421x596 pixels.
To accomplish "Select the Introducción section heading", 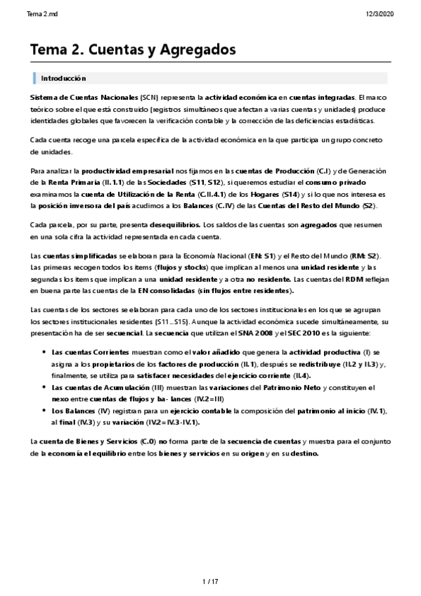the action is point(63,79).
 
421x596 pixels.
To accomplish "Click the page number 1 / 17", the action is point(210,581).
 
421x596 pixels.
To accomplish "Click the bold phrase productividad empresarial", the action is point(120,171).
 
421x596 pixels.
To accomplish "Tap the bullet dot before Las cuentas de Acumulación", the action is point(44,388).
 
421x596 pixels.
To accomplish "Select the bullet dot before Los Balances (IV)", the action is point(44,411).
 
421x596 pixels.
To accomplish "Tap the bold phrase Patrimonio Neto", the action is point(292,388).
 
